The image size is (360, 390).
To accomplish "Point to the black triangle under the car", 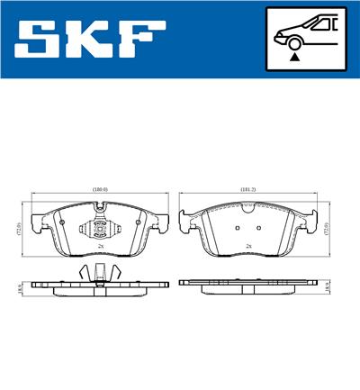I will point(294,56).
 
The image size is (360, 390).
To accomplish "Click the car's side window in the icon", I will point(320,25).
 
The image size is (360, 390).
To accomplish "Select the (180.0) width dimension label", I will point(99,190).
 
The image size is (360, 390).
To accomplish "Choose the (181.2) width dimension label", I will point(248,190).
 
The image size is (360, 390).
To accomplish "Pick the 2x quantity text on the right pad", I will point(248,245).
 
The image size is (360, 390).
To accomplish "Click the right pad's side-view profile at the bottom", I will point(248,284).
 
